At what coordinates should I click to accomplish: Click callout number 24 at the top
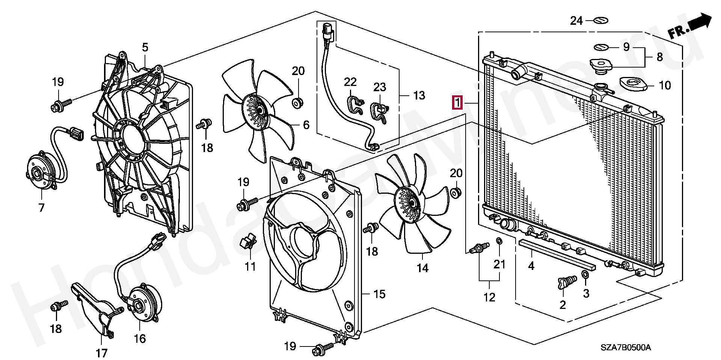pos(576,21)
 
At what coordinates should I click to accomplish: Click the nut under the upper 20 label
pos(298,102)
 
